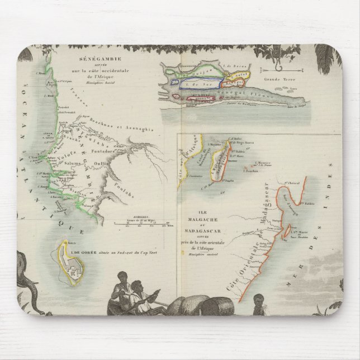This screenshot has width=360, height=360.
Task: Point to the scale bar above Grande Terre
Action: point(286,70)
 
